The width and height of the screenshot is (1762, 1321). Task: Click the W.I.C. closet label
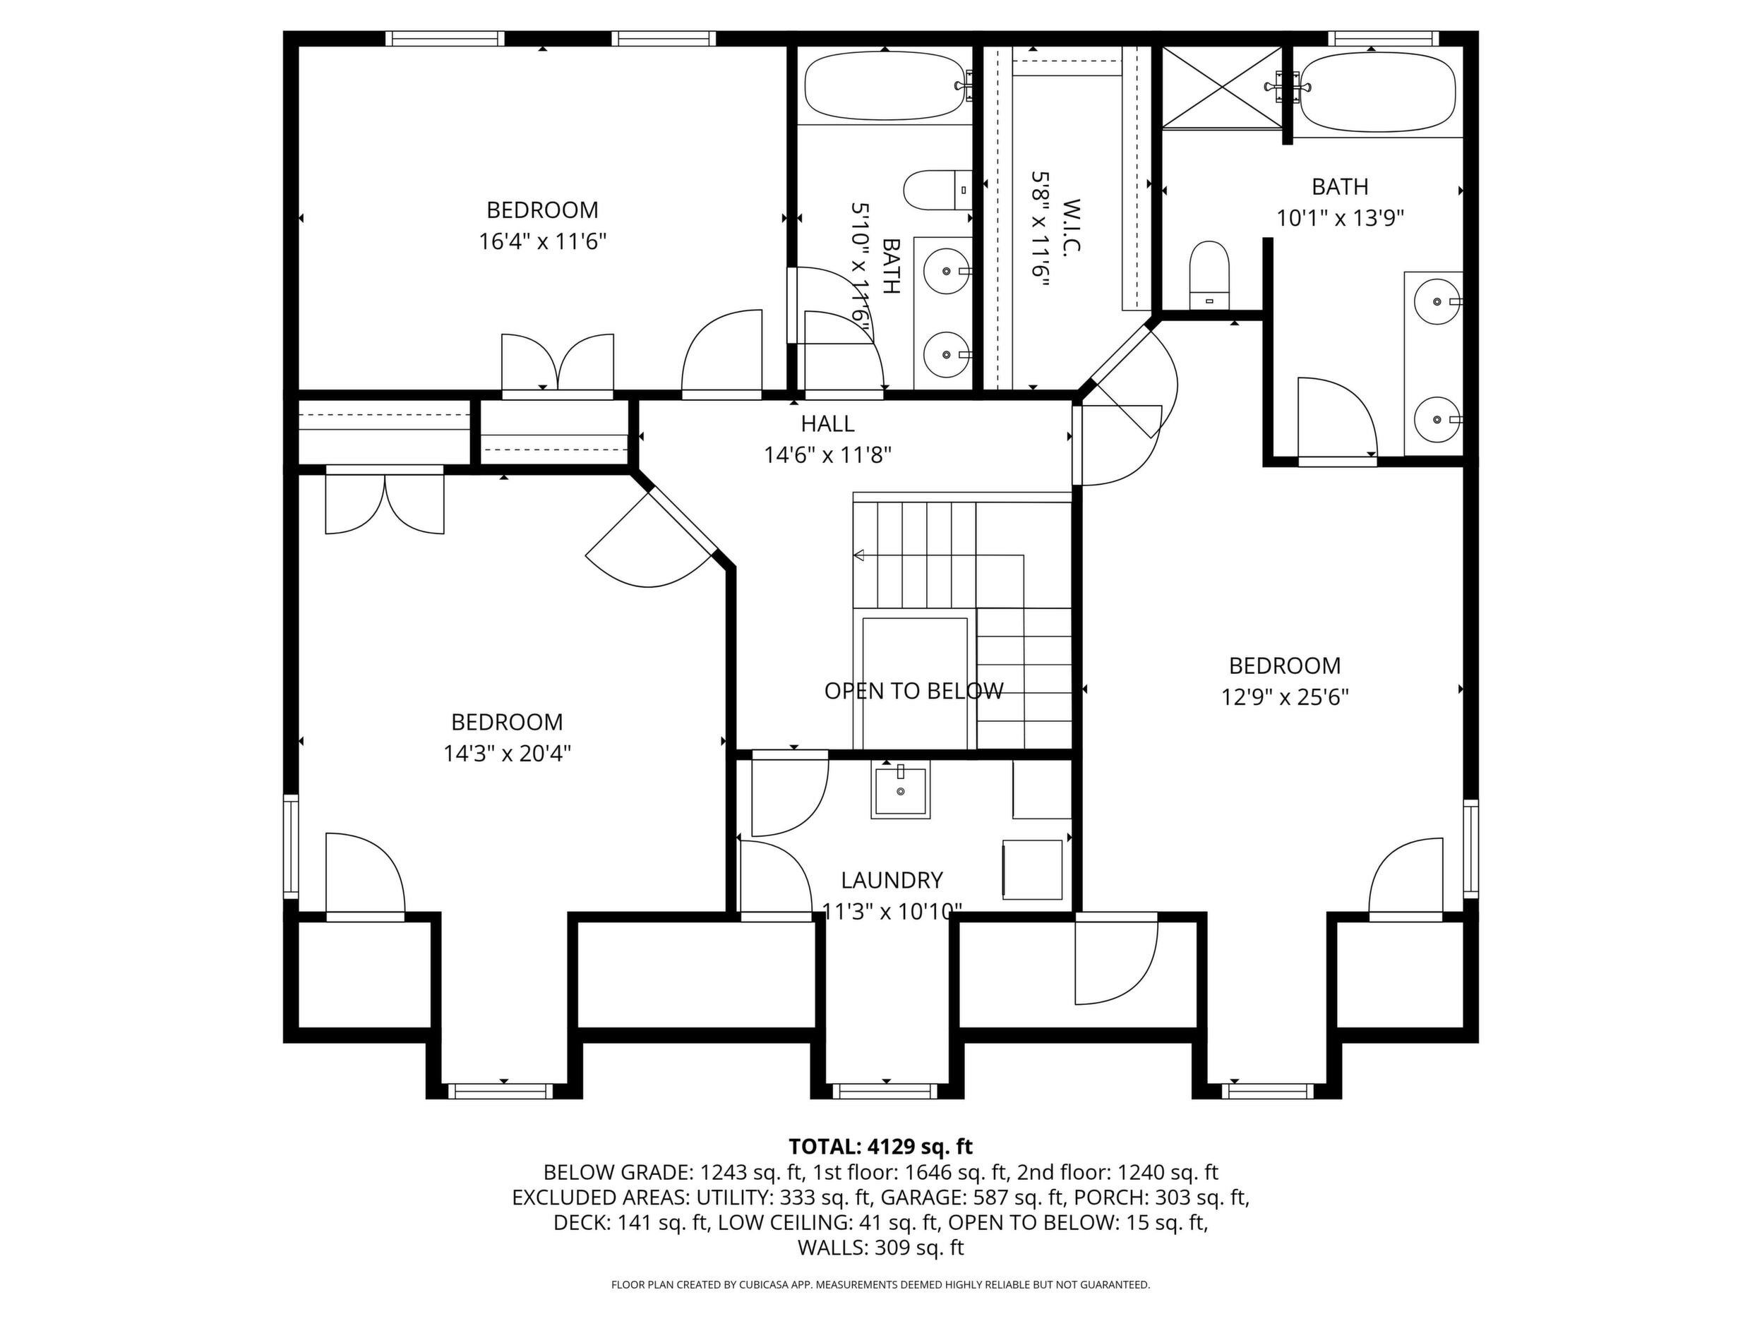pyautogui.click(x=1071, y=226)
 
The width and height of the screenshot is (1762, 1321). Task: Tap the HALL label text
pyautogui.click(x=827, y=423)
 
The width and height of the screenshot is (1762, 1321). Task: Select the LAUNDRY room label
pyautogui.click(x=892, y=880)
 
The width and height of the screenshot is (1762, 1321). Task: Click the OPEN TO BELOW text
pyautogui.click(x=913, y=690)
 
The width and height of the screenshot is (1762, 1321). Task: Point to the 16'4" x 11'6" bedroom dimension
pyautogui.click(x=542, y=241)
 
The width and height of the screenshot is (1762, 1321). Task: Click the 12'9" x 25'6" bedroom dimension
pyautogui.click(x=1285, y=697)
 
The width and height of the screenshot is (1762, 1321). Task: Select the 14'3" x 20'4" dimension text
pyautogui.click(x=508, y=753)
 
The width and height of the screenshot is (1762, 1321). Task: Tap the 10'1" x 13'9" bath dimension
pyautogui.click(x=1340, y=218)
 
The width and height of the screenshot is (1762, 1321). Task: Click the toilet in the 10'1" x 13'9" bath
pyautogui.click(x=1209, y=275)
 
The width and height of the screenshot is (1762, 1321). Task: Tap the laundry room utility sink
pyautogui.click(x=901, y=790)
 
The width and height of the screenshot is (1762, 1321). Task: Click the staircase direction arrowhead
pyautogui.click(x=858, y=555)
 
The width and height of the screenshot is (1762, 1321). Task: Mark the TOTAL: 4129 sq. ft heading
pyautogui.click(x=880, y=1147)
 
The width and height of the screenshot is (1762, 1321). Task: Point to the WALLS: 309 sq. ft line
pyautogui.click(x=880, y=1248)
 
